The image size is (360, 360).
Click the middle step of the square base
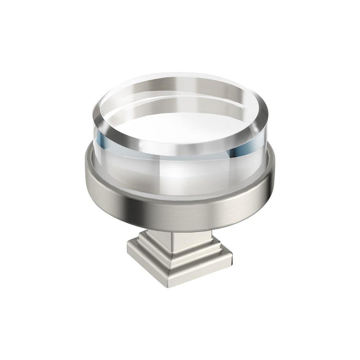point(180,257)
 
